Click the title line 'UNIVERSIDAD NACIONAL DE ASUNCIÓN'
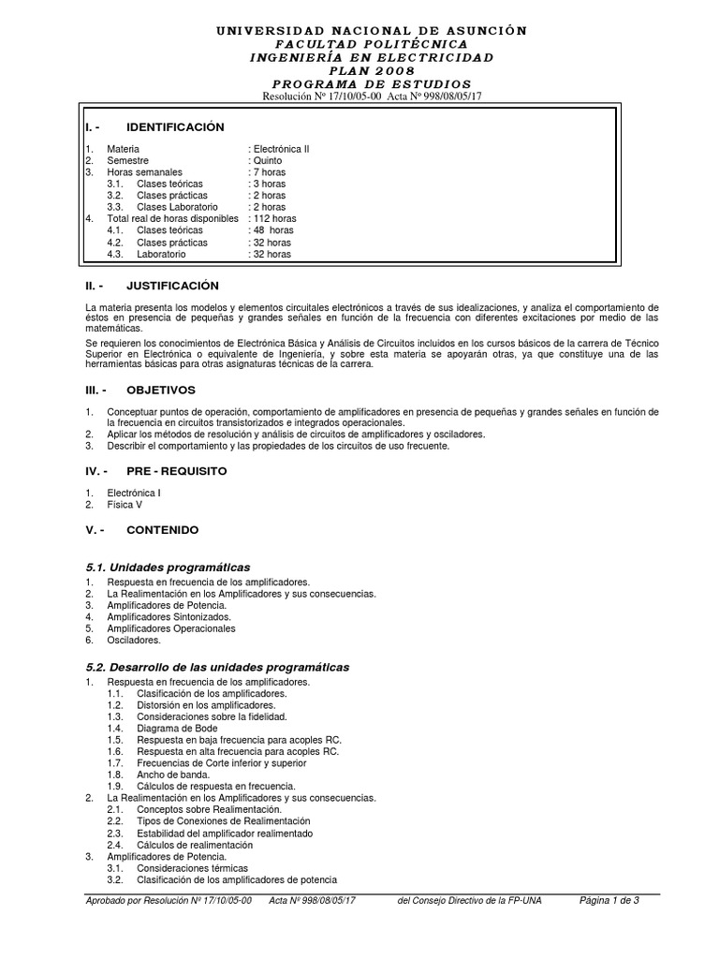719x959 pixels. click(x=372, y=31)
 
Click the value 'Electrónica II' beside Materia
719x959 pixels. click(x=281, y=149)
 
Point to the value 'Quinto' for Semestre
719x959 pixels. click(x=267, y=161)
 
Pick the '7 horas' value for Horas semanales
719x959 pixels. click(x=269, y=172)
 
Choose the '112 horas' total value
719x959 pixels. click(x=274, y=219)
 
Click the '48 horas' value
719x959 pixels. click(x=272, y=230)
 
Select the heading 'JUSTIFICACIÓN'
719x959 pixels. click(x=172, y=285)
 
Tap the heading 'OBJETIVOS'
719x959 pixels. click(x=161, y=390)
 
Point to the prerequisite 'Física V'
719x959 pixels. click(x=125, y=505)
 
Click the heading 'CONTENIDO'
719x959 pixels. click(x=162, y=530)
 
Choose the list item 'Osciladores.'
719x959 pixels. click(x=134, y=641)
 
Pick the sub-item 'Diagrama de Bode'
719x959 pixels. click(x=176, y=728)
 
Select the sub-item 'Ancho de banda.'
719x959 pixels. click(x=171, y=775)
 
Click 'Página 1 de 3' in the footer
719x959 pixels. click(x=609, y=901)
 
